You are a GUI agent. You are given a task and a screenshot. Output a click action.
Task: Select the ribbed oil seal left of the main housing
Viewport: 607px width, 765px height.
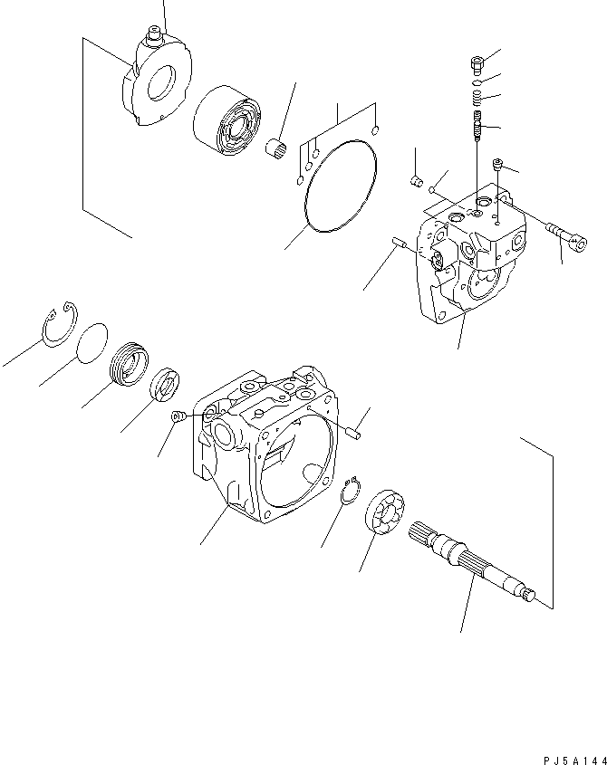128,365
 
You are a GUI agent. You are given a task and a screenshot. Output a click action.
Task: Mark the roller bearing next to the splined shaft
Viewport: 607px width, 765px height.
388,517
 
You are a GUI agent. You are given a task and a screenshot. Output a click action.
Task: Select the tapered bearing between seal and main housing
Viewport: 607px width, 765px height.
168,384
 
